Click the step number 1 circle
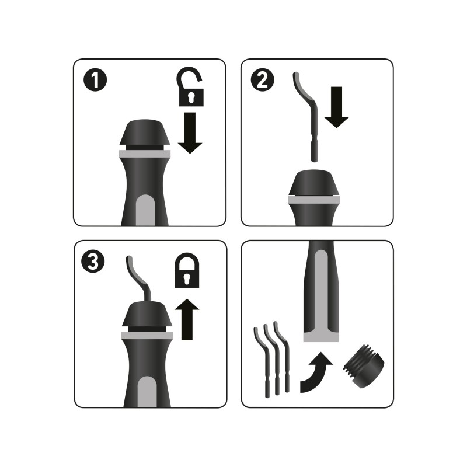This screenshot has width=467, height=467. pyautogui.click(x=95, y=80)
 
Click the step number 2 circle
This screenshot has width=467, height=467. pyautogui.click(x=262, y=80)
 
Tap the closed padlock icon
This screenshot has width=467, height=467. pyautogui.click(x=187, y=270)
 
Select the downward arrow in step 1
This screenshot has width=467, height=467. pyautogui.click(x=190, y=133)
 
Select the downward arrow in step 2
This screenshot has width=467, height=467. pyautogui.click(x=337, y=107)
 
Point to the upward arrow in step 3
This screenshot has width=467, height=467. pyautogui.click(x=187, y=319)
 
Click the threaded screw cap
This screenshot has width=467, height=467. pyautogui.click(x=363, y=366)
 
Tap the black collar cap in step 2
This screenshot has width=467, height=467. pyautogui.click(x=313, y=182)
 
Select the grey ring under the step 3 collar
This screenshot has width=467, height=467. pyautogui.click(x=147, y=335)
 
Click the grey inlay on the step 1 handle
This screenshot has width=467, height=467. pyautogui.click(x=145, y=210)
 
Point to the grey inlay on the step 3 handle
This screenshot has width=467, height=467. pyautogui.click(x=147, y=392)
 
